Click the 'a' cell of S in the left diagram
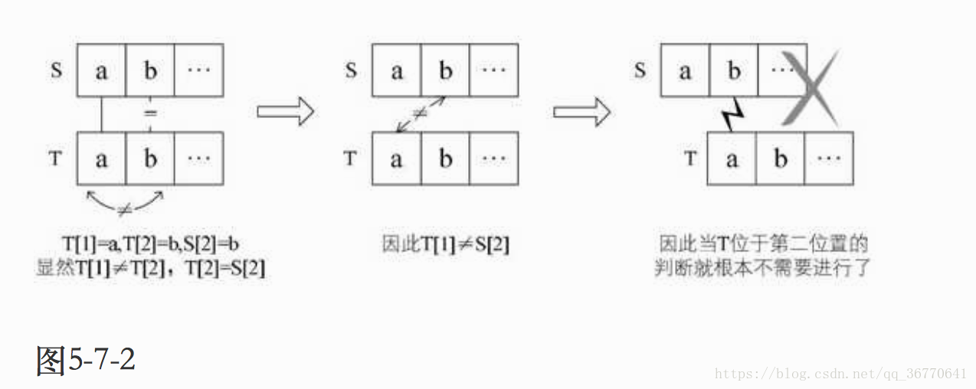(101, 70)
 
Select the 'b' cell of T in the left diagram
(150, 159)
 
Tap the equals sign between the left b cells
(151, 113)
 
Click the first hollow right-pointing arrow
(285, 112)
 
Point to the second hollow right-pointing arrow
(581, 112)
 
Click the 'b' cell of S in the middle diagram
(445, 70)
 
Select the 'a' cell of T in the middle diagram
(396, 159)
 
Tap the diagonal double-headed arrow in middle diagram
(420, 114)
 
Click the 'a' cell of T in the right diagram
(732, 159)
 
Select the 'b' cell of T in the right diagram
(781, 159)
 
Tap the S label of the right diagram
(640, 70)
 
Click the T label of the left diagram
(55, 159)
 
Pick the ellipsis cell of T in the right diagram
(829, 159)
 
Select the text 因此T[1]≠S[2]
(446, 244)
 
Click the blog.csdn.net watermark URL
(840, 374)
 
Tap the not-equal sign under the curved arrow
(123, 209)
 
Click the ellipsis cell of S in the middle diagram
(494, 70)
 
